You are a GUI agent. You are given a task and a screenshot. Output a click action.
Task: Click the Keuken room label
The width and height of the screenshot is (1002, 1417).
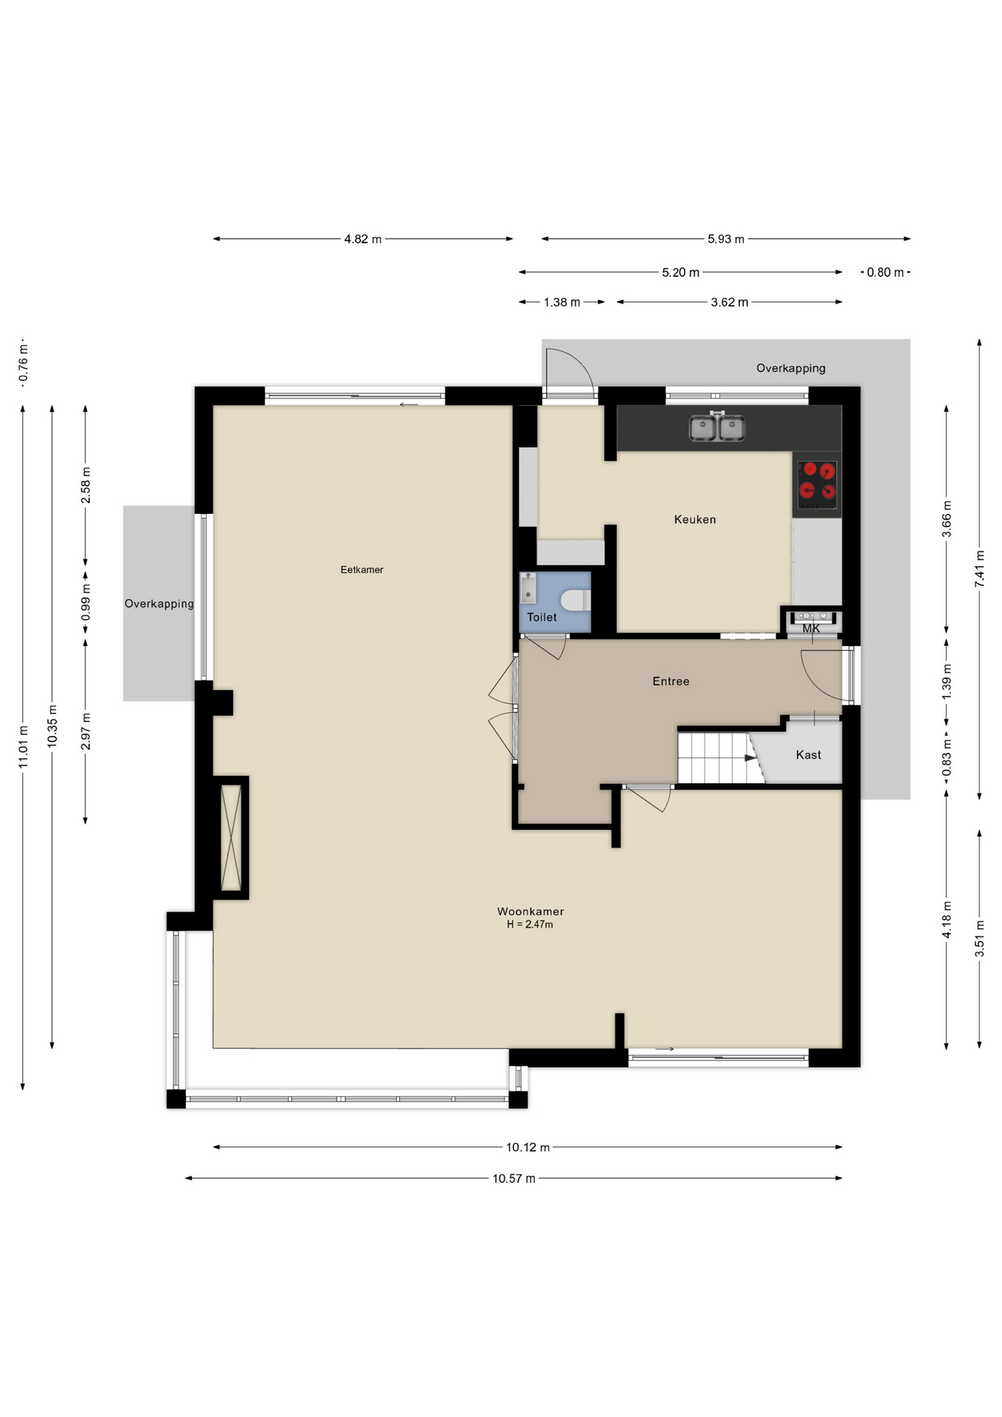click(694, 520)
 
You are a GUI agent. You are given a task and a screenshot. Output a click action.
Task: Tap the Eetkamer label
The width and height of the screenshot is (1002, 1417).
click(362, 570)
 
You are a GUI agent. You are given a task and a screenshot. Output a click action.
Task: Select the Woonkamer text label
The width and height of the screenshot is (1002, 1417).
click(531, 911)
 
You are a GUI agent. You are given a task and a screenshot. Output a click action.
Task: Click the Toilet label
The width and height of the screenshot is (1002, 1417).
click(542, 617)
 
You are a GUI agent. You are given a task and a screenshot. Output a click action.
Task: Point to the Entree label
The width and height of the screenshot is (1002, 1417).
click(671, 681)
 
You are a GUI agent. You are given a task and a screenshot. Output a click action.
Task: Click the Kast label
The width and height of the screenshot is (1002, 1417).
click(808, 754)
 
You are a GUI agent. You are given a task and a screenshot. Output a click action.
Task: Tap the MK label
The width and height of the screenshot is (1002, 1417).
click(811, 629)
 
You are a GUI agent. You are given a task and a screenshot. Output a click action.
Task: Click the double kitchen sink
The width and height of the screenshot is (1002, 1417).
click(716, 427)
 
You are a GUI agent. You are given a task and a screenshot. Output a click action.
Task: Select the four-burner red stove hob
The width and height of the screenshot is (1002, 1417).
click(818, 480)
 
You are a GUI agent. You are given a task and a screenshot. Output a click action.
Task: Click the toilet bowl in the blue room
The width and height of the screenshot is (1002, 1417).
click(576, 599)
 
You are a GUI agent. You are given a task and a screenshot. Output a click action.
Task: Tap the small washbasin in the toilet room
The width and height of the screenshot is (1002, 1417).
click(528, 588)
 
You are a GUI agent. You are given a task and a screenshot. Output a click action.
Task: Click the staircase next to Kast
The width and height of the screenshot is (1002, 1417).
click(721, 757)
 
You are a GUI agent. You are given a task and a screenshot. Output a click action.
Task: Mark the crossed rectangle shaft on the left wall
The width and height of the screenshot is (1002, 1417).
click(231, 838)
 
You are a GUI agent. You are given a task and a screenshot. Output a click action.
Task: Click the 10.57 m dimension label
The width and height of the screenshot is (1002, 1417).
click(514, 1179)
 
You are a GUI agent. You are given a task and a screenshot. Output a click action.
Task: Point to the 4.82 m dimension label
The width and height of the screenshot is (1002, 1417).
click(363, 239)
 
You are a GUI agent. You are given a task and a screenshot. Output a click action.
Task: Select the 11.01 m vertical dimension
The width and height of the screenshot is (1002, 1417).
click(23, 747)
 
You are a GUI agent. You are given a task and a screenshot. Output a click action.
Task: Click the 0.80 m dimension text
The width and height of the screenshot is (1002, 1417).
click(885, 272)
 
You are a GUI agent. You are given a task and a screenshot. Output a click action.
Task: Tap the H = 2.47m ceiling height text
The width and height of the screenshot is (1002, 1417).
click(530, 924)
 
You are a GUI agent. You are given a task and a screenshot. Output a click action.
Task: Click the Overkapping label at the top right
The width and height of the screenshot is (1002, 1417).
click(790, 368)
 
